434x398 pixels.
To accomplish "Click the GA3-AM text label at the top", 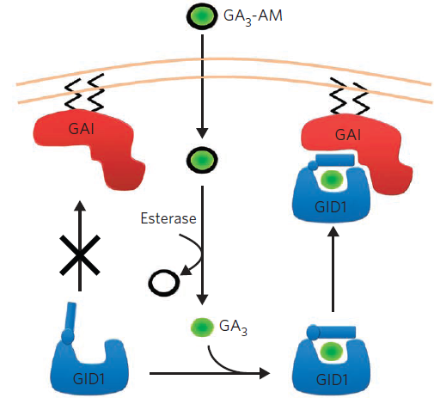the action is click(x=253, y=16).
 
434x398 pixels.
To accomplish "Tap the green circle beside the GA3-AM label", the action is click(x=202, y=16).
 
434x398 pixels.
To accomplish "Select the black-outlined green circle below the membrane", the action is click(x=202, y=160).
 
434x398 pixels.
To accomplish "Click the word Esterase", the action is click(x=168, y=218).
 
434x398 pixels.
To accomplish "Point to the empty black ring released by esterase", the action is click(x=164, y=283).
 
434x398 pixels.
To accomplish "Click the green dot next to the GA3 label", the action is click(x=202, y=327).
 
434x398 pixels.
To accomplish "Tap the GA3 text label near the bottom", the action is click(x=233, y=327).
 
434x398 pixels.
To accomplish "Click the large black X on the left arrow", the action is click(x=80, y=255).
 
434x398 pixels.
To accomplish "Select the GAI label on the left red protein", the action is click(x=82, y=128).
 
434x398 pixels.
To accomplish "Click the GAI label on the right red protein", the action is click(x=348, y=135).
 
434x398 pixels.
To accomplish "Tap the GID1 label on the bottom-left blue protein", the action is click(x=89, y=379).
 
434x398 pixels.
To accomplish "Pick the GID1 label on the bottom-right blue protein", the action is click(x=332, y=380).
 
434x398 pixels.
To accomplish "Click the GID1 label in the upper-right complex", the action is click(x=331, y=206).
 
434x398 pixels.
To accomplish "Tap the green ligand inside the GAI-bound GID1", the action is click(x=332, y=180).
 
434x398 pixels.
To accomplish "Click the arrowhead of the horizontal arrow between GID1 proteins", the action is click(x=265, y=373).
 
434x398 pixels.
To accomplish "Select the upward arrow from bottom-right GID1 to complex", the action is click(x=333, y=269).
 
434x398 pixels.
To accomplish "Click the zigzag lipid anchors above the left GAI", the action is click(x=84, y=92).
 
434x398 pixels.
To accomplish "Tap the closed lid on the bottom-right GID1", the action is click(x=332, y=332).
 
